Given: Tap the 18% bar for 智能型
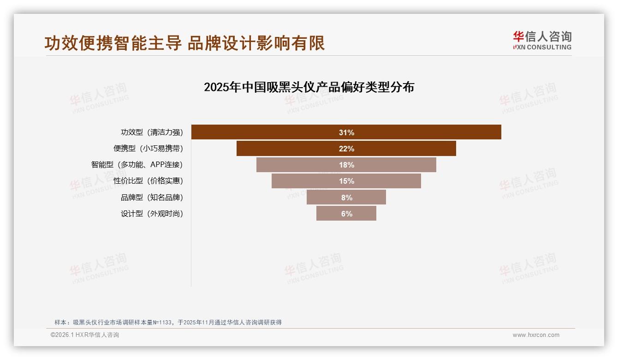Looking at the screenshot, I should point(392,165).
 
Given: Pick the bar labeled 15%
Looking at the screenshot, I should point(383,181).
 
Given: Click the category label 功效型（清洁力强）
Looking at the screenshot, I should point(152,132).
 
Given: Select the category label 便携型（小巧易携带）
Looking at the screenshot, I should point(148,149).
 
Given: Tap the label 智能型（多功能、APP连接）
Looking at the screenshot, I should point(137,165).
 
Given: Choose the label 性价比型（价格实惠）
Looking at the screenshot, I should point(148,181).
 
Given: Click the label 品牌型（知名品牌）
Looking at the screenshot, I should point(152,198).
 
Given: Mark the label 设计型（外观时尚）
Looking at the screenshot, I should point(152,214).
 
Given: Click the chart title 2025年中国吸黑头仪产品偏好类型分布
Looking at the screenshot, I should point(309,87).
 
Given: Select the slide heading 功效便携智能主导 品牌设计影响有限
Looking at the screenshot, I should point(184,43).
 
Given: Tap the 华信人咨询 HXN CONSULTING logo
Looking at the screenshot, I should point(542,40).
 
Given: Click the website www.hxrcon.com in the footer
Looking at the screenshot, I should point(536,335).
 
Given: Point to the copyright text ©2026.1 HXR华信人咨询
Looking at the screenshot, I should point(85,335).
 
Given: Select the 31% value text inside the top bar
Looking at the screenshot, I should point(346,132).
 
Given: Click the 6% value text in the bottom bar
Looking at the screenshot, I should point(346,214).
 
